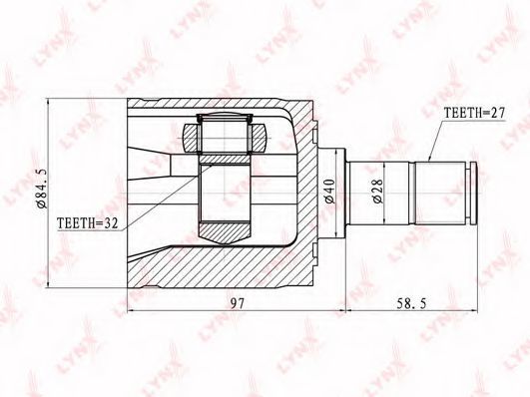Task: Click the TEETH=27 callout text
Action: click(474, 113)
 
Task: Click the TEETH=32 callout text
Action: click(88, 223)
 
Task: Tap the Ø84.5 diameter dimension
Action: click(44, 189)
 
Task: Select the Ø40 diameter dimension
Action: click(329, 192)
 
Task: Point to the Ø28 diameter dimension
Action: click(378, 191)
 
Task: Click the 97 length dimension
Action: click(238, 303)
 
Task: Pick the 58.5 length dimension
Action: click(411, 303)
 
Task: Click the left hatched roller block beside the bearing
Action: click(192, 139)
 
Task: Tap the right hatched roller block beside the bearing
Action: click(258, 139)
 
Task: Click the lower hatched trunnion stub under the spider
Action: click(225, 232)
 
